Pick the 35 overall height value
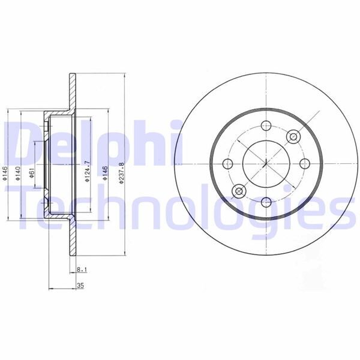click(x=79, y=286)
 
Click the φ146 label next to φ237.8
click(x=106, y=174)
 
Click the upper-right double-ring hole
click(x=293, y=136)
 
